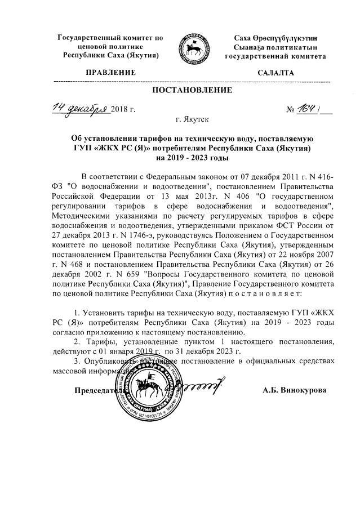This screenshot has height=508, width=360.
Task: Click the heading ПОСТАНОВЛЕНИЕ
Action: (x=192, y=90)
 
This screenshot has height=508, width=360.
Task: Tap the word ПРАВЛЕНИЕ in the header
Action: (x=111, y=73)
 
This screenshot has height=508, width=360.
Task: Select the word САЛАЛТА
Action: (x=275, y=73)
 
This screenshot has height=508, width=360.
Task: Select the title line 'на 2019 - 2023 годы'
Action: (x=192, y=158)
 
